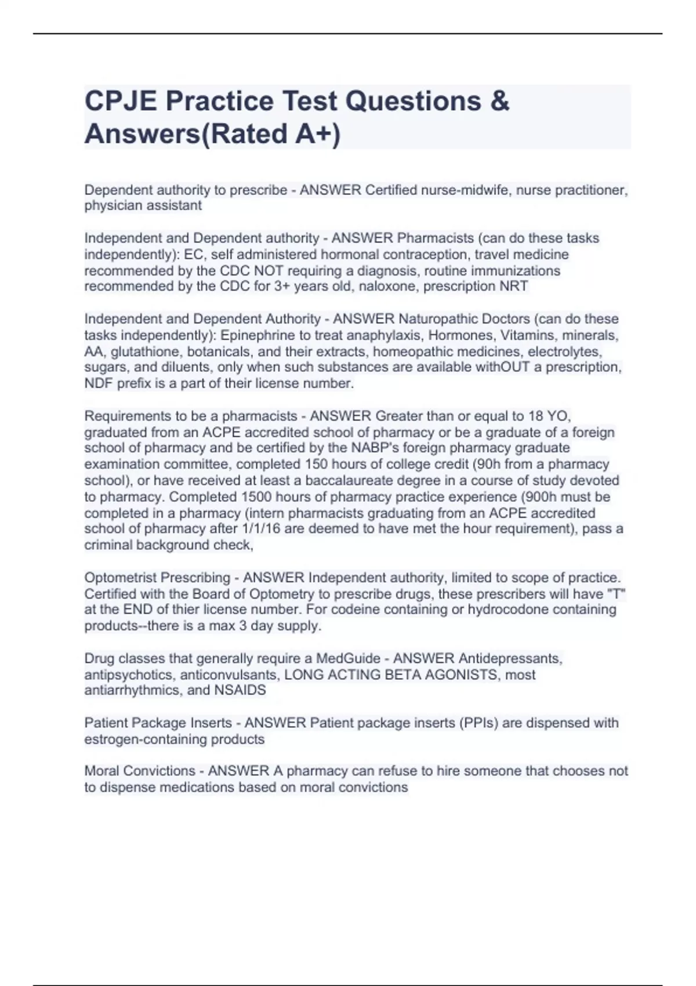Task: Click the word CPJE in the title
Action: [x=120, y=101]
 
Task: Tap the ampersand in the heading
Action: [x=499, y=101]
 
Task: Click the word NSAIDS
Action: [x=240, y=690]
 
